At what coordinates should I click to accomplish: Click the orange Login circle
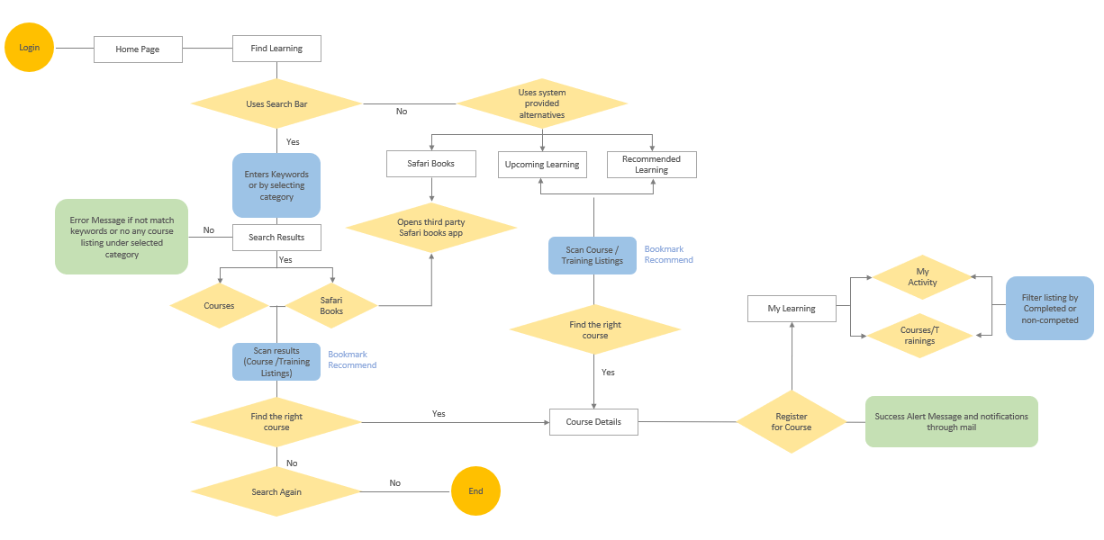(29, 48)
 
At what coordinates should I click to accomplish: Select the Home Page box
(138, 49)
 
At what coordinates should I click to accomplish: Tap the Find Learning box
(276, 49)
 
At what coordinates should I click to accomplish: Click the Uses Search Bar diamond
(276, 104)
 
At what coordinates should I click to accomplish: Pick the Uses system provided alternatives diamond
(541, 103)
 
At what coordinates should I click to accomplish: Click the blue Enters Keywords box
(276, 185)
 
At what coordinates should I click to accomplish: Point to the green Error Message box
(122, 237)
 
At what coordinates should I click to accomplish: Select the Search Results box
(276, 238)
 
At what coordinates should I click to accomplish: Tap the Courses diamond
(219, 306)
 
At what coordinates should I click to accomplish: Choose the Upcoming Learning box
(542, 165)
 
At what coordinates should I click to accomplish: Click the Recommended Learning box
(651, 165)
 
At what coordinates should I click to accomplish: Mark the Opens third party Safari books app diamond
(431, 228)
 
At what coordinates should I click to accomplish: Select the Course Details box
(593, 422)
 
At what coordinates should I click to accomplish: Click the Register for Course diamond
(791, 422)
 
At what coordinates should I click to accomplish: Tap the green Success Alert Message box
(951, 421)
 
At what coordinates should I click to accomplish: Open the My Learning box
(792, 309)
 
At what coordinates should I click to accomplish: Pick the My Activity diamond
(922, 277)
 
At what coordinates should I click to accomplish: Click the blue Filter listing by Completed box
(1049, 309)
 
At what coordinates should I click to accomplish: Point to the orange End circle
(475, 491)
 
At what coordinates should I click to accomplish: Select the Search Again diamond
(276, 492)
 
